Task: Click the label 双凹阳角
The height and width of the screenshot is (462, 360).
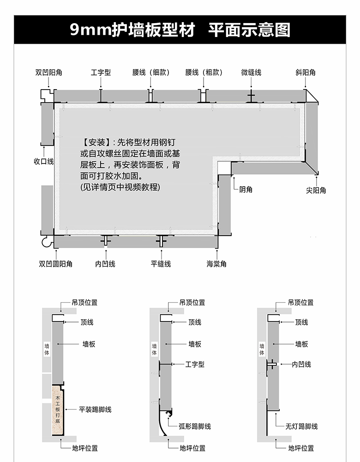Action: click(48, 73)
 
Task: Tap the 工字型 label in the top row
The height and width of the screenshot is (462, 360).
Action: click(101, 73)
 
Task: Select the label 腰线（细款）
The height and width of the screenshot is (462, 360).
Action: click(150, 73)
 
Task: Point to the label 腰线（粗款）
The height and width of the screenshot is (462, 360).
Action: click(204, 73)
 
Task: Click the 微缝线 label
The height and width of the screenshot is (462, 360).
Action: click(251, 73)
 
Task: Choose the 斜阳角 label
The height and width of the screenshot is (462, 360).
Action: click(306, 73)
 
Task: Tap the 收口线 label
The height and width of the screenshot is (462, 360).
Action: click(44, 161)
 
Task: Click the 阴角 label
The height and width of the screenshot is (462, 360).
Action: click(246, 189)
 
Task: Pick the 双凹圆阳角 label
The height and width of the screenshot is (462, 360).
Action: click(55, 264)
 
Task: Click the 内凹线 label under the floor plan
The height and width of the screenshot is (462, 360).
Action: click(105, 264)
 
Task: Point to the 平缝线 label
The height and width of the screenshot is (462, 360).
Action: click(161, 264)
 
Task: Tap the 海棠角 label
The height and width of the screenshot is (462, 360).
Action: click(216, 264)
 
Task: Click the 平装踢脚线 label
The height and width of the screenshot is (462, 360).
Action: click(95, 409)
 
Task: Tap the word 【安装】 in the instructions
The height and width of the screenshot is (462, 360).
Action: click(96, 142)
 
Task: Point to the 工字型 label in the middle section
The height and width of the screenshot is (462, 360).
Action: click(195, 364)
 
